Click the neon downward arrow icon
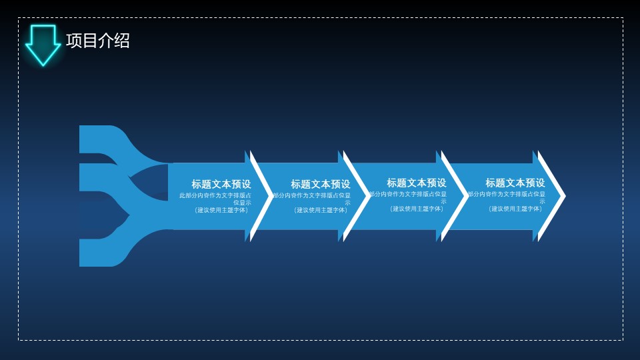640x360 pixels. point(43,44)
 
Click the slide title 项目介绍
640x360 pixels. point(98,41)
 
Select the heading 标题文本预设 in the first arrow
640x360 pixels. point(221,184)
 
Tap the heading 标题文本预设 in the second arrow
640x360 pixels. point(320,184)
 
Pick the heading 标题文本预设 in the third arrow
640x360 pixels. point(417,183)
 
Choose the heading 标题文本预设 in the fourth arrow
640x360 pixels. point(515,183)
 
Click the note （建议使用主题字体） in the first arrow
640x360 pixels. point(221,210)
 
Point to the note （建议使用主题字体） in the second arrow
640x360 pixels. point(320,210)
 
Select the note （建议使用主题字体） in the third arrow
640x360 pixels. point(417,209)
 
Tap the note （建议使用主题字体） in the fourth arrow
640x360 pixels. point(515,209)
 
